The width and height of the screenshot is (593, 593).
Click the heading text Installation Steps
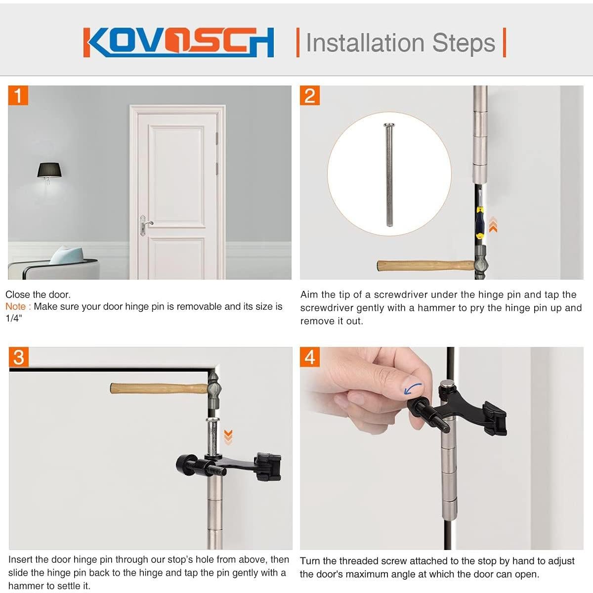pos(400,42)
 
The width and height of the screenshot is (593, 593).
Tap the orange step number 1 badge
pos(18,95)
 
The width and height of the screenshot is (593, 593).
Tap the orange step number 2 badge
pos(310,95)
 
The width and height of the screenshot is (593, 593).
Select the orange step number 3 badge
pos(19,357)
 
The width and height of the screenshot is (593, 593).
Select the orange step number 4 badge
pos(310,357)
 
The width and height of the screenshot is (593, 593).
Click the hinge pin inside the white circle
pos(389,175)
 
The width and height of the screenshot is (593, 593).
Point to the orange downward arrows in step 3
pos(228,436)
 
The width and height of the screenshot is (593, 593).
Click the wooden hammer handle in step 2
pos(425,266)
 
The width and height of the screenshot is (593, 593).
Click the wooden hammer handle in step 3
pos(158,388)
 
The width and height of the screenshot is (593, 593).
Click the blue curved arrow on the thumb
pos(413,388)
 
